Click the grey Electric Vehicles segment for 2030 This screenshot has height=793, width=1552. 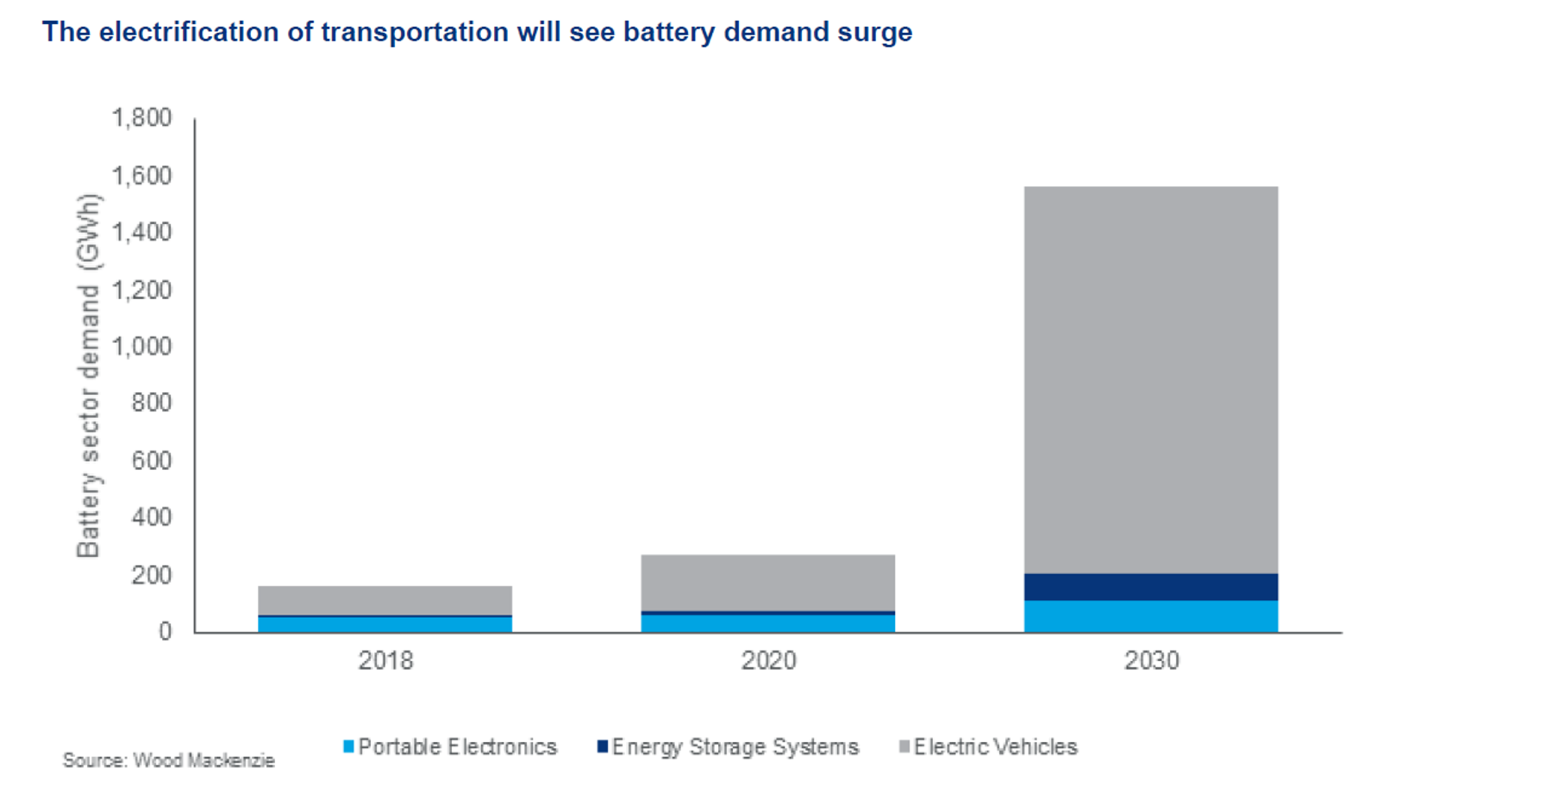tap(1151, 379)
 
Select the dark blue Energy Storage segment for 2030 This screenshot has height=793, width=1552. tap(1151, 587)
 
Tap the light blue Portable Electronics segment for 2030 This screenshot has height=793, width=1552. tap(1151, 616)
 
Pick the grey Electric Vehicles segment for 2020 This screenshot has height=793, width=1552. tap(767, 583)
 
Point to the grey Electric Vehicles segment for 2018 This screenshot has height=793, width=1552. tap(385, 600)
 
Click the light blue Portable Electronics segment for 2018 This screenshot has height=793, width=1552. tap(385, 624)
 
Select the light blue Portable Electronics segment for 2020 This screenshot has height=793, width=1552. tap(767, 623)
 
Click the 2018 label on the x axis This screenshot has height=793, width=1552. tap(385, 661)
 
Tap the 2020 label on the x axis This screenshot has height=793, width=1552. tap(768, 661)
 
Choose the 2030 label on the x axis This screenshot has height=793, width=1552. tap(1151, 661)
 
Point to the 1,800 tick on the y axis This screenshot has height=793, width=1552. tap(141, 118)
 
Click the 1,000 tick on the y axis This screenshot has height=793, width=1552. tap(141, 347)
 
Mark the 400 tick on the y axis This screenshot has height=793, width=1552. tap(151, 517)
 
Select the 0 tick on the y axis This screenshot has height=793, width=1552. tap(165, 632)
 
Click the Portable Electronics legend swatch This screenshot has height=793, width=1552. tap(348, 746)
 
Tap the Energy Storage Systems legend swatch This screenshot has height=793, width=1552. tap(603, 746)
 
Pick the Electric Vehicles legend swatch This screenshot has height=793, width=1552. tap(904, 746)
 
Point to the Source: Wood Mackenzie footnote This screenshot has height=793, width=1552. tap(168, 761)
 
